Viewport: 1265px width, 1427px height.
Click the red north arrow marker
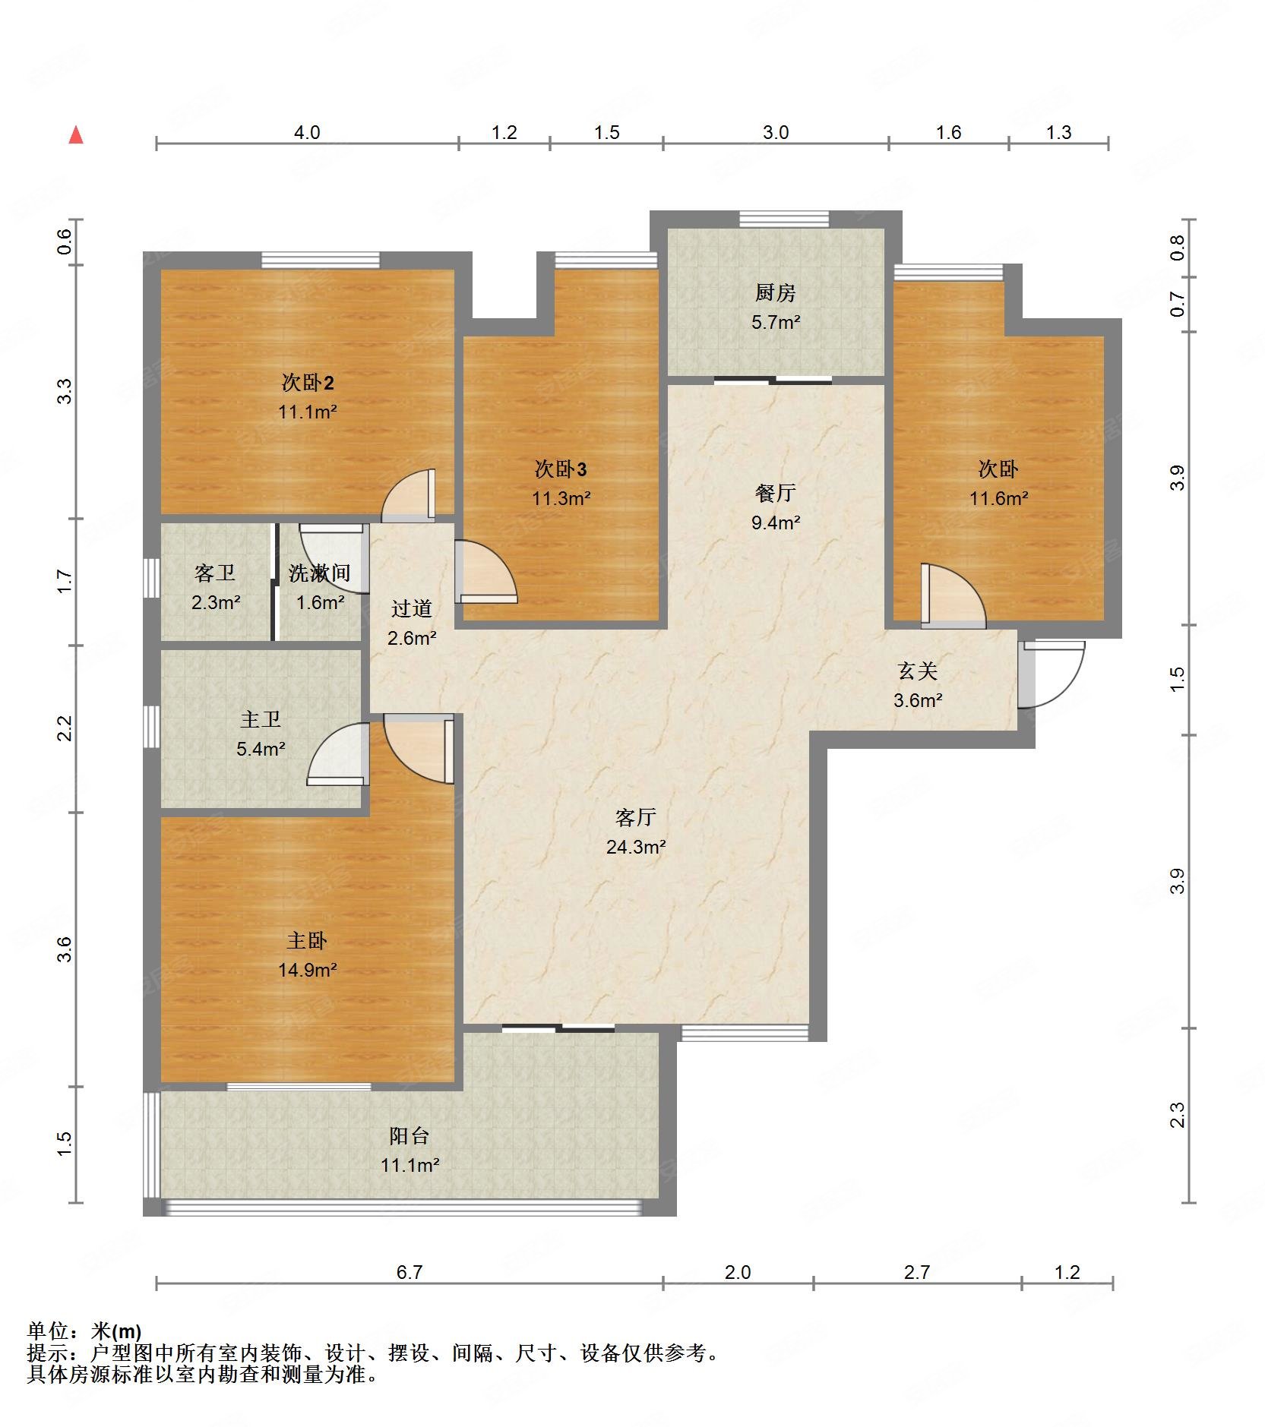[x=76, y=135]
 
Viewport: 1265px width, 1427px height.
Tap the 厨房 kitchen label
[x=775, y=292]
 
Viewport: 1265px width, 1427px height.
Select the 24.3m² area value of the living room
[x=636, y=847]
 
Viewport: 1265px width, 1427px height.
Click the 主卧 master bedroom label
[x=307, y=941]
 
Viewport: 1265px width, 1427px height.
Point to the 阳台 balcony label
[x=410, y=1136]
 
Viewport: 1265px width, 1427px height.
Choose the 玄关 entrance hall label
[x=918, y=671]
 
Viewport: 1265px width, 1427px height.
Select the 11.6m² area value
[x=998, y=499]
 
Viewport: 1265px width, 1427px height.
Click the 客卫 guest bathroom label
[x=215, y=573]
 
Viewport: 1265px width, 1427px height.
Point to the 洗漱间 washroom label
[x=319, y=573]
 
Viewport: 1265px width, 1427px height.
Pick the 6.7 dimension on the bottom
[x=409, y=1272]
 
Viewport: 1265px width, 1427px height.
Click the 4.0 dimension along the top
[x=307, y=133]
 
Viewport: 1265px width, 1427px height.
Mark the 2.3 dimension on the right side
[x=1177, y=1115]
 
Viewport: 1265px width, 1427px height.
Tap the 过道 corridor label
[x=411, y=608]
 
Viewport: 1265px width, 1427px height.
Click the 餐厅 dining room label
[x=775, y=493]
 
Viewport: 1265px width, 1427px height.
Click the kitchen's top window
[x=784, y=219]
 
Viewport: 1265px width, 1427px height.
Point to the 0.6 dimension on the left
[x=65, y=242]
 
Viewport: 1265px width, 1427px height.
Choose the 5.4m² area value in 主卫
[x=261, y=750]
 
